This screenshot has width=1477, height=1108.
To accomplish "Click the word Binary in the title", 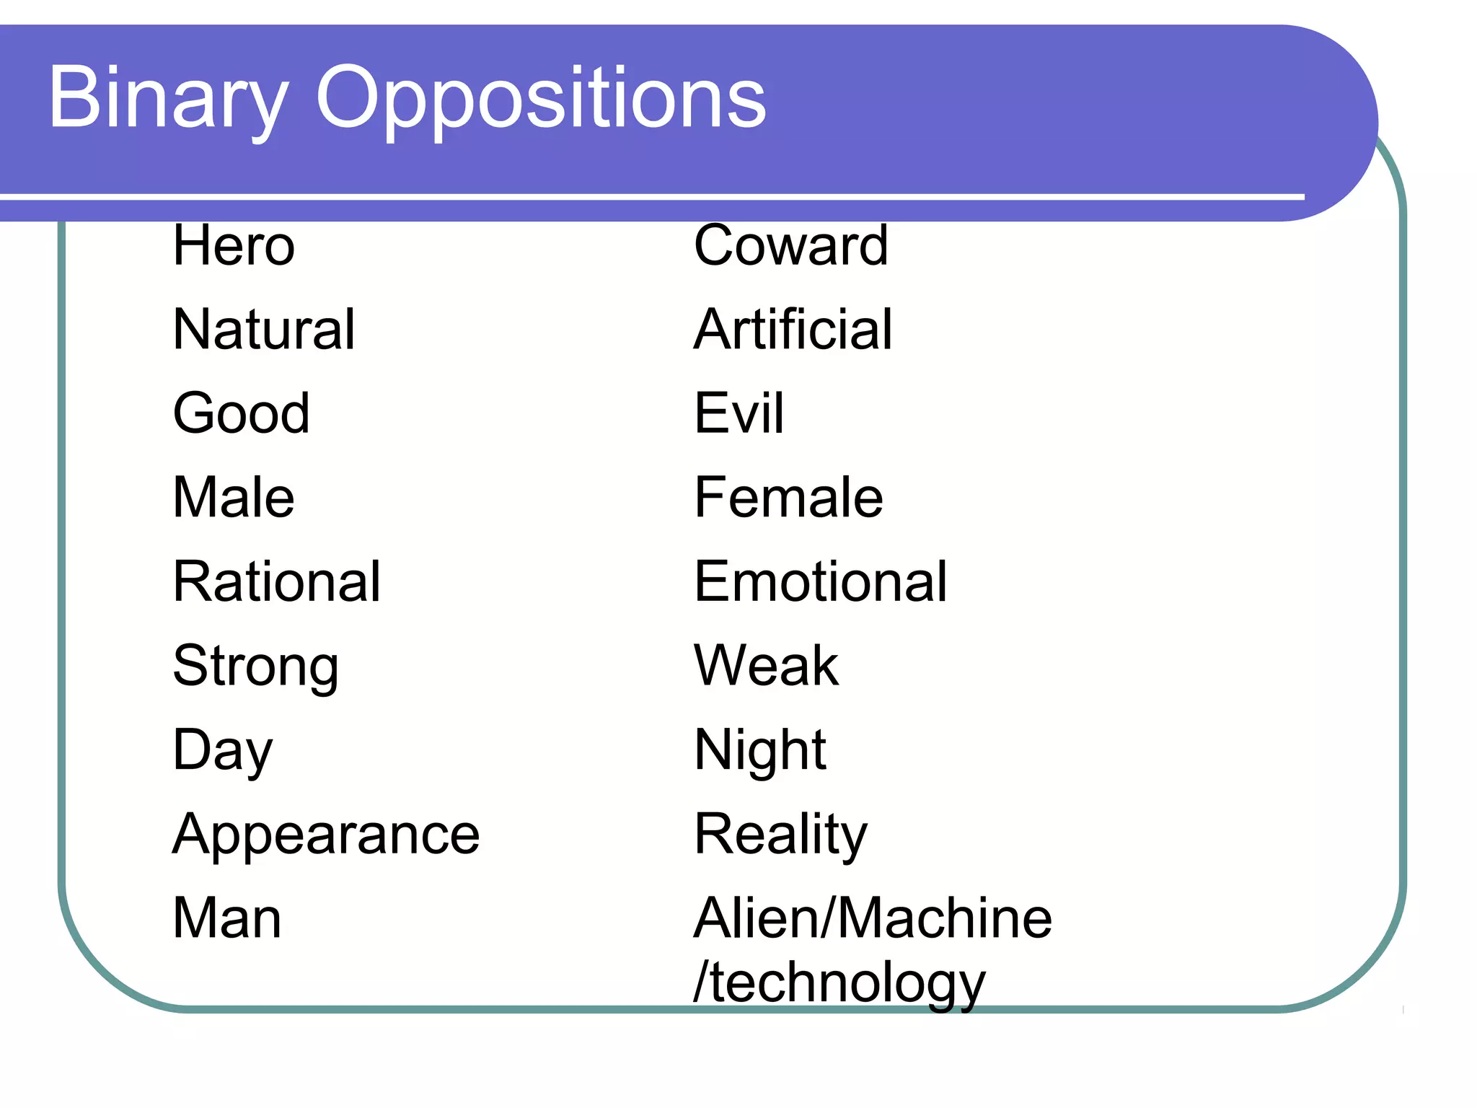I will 169,99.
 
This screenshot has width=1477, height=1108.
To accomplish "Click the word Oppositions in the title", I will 541,99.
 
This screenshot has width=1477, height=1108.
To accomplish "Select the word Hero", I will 234,246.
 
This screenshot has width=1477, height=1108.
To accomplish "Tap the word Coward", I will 790,246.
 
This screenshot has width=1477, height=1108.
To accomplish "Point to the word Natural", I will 264,330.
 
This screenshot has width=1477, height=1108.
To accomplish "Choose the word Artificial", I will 793,330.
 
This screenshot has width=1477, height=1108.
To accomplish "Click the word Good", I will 242,413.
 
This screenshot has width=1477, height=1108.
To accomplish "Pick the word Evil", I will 738,413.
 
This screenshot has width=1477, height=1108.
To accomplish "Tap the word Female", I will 788,498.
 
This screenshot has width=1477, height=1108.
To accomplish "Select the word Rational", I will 276,581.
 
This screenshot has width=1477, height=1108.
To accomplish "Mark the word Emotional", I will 820,581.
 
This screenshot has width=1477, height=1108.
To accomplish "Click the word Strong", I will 255,667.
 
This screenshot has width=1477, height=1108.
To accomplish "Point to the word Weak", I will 766,665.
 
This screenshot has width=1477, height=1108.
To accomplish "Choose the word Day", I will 223,751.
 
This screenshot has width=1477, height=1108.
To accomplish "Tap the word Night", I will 759,751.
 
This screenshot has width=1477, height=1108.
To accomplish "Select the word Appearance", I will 326,835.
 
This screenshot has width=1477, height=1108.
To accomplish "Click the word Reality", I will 780,835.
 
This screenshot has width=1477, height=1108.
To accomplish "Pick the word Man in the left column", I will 227,918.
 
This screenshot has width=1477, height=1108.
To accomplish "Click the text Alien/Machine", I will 873,918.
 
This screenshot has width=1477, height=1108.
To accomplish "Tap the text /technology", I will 839,982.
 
